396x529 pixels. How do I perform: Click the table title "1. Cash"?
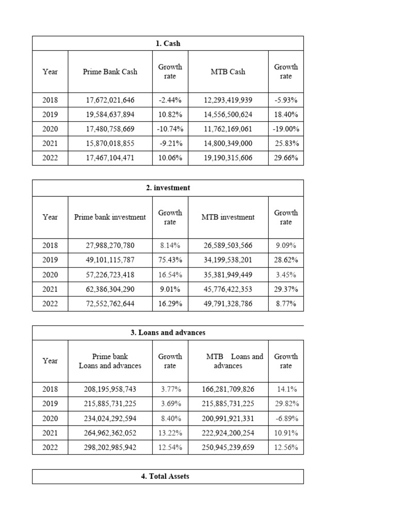click(168, 43)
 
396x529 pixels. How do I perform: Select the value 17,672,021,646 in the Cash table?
click(110, 100)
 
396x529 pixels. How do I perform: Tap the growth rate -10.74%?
click(170, 129)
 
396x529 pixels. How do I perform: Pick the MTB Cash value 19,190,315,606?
click(228, 158)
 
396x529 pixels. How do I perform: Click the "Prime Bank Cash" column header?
click(110, 72)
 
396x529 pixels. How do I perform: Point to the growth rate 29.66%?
click(286, 158)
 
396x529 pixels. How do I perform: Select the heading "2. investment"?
click(168, 188)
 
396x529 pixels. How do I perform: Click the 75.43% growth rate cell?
click(170, 260)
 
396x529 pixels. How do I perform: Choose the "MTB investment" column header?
click(228, 217)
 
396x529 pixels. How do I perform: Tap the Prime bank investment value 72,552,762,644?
click(110, 304)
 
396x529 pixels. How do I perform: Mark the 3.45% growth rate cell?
click(286, 275)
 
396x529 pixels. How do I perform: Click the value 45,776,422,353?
click(228, 289)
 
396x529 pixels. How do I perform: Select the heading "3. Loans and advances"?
click(168, 333)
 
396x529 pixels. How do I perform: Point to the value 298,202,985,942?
click(110, 447)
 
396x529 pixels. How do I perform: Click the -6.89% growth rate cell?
click(286, 418)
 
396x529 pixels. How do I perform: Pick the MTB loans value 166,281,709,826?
click(228, 389)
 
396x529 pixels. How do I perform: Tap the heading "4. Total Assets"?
click(168, 476)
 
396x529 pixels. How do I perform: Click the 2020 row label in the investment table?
click(50, 275)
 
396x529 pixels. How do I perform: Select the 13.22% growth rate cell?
click(170, 433)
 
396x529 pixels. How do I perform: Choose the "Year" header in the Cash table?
click(50, 72)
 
